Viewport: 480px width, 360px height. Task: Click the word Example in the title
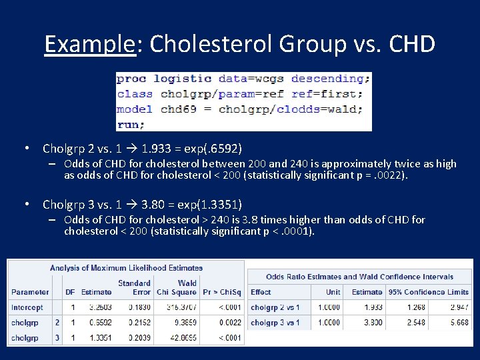point(89,44)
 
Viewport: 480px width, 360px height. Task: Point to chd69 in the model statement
point(179,109)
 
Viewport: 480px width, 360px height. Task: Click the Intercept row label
point(27,307)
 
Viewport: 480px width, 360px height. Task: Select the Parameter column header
point(30,292)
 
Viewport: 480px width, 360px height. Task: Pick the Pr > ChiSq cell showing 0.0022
point(228,323)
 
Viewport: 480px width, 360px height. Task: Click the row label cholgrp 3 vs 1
point(275,323)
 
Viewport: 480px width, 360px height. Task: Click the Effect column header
point(261,292)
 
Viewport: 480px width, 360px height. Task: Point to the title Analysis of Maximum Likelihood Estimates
point(126,268)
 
